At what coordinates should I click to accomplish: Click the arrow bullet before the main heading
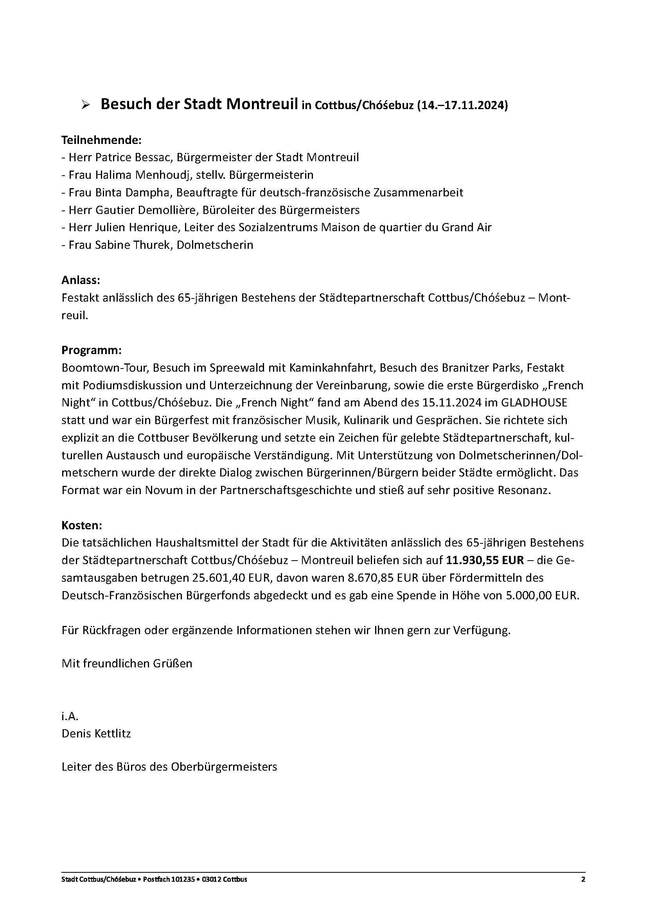pyautogui.click(x=84, y=105)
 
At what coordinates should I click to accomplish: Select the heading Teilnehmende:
pyautogui.click(x=102, y=140)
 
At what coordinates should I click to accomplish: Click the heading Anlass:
pyautogui.click(x=81, y=280)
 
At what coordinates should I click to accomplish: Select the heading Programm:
pyautogui.click(x=91, y=350)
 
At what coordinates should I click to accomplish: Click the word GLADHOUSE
pyautogui.click(x=534, y=403)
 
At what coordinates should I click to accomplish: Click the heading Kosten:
pyautogui.click(x=82, y=525)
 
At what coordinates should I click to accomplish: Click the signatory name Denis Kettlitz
pyautogui.click(x=96, y=733)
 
